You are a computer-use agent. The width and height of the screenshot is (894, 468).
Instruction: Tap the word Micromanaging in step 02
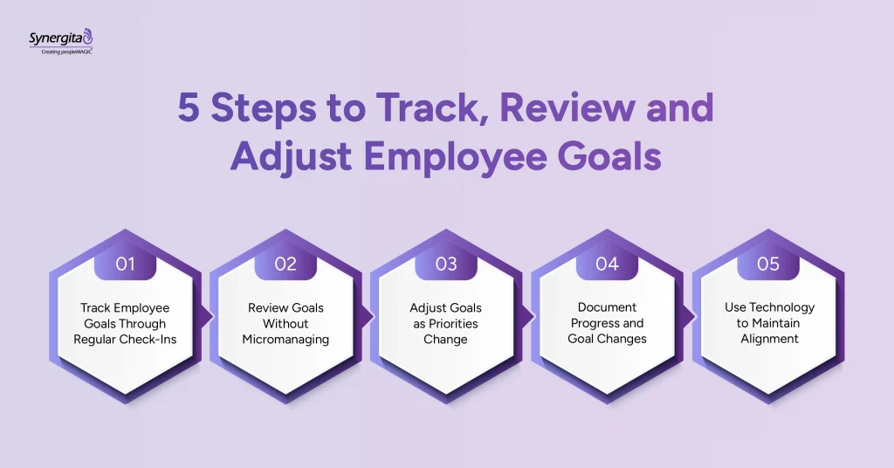pos(285,339)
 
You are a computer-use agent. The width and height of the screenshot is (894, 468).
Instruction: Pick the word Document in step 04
pos(607,307)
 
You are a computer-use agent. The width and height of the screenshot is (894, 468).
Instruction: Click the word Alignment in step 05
pos(768,339)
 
